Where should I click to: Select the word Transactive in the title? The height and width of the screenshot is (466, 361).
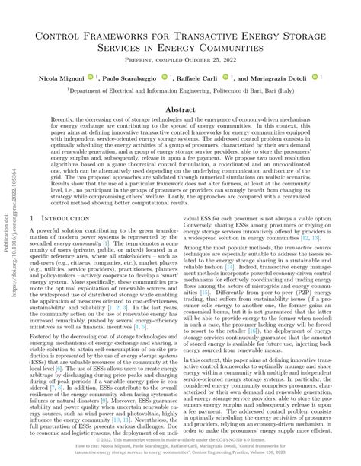[191, 36]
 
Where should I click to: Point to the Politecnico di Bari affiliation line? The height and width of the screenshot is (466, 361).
[181, 90]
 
